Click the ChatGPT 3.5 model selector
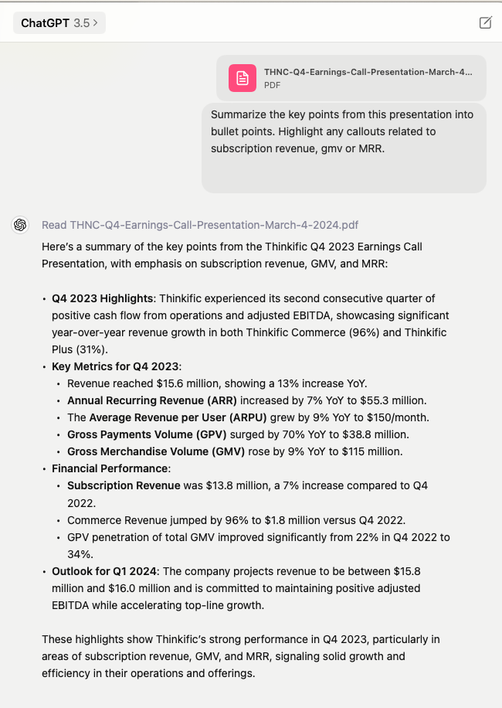[x=59, y=23]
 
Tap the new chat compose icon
[x=485, y=22]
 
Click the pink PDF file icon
[x=243, y=77]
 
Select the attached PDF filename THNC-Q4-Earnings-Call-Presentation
[x=368, y=72]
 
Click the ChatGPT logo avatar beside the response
[x=20, y=225]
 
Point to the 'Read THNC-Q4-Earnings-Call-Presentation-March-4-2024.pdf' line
[x=200, y=225]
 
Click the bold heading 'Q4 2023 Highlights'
[x=103, y=298]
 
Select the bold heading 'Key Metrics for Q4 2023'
[x=115, y=366]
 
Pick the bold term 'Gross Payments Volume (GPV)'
[x=145, y=434]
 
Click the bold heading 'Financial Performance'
[x=109, y=468]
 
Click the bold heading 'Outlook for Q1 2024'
[x=103, y=571]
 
